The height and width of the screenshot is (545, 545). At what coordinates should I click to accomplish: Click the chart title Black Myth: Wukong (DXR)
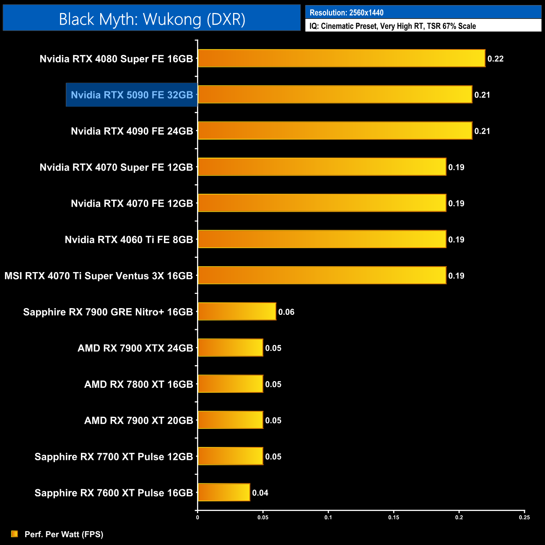pos(152,19)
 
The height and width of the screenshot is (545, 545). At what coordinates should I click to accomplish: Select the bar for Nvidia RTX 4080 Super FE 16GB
pos(341,58)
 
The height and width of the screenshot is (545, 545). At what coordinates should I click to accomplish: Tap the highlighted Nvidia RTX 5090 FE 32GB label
pos(132,95)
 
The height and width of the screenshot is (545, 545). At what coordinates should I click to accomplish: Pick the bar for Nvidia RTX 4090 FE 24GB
pos(335,131)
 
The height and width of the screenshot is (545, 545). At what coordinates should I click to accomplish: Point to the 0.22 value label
pos(496,59)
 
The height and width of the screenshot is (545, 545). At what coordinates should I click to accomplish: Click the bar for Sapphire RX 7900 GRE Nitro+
pos(237,311)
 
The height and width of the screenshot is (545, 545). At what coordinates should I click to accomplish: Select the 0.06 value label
pos(286,312)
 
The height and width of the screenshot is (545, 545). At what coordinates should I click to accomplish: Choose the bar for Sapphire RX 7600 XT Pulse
pos(224,492)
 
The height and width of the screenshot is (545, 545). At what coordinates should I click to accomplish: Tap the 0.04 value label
pos(260,493)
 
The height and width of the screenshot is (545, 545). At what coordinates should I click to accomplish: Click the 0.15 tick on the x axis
pos(394,517)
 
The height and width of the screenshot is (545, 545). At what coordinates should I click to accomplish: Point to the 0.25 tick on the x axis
pos(524,517)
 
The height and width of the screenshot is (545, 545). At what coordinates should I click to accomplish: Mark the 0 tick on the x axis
pos(197,517)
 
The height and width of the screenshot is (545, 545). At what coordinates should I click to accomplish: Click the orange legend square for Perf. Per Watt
pos(15,534)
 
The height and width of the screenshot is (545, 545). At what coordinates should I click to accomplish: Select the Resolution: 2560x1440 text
pos(347,13)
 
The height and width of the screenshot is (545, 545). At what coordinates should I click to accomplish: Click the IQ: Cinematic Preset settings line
pos(392,26)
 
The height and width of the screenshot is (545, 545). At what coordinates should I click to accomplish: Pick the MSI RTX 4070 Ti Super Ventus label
pos(99,276)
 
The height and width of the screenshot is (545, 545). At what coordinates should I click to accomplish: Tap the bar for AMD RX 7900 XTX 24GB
pos(230,348)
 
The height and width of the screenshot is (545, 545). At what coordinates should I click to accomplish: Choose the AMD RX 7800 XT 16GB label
pos(139,384)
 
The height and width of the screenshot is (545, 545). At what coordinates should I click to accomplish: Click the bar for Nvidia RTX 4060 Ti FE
pos(322,239)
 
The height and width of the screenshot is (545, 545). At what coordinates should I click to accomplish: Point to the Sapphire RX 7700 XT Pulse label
pos(114,457)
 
